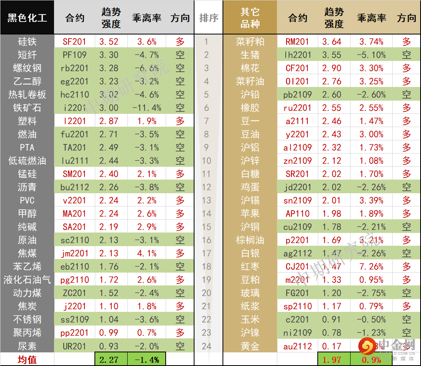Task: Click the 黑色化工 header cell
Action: pos(27,18)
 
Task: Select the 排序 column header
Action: pos(208,18)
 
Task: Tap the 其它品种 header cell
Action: pos(250,18)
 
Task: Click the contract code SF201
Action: pos(74,42)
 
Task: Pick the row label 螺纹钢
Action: pos(27,68)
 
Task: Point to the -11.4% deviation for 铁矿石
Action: pos(146,108)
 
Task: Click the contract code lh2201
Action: pos(298,55)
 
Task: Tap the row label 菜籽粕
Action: pos(250,42)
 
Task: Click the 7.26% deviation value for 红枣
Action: pos(371,267)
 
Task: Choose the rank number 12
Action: pos(206,187)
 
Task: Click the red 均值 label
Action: pos(27,360)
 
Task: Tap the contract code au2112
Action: pos(298,346)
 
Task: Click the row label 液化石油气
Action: pos(27,280)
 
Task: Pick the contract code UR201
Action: pos(74,346)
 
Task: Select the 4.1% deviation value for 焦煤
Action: pos(146,253)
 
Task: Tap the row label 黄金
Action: pos(250,346)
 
